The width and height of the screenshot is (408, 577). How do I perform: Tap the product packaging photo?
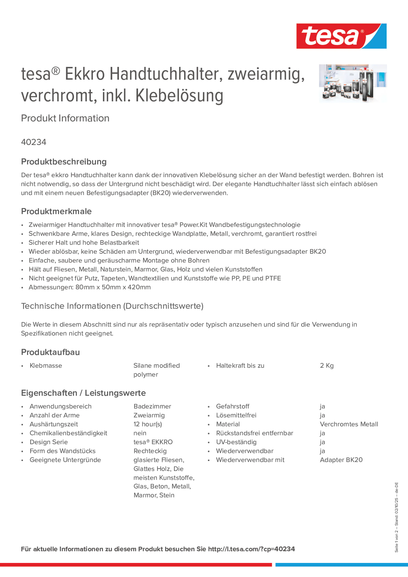tap(353, 83)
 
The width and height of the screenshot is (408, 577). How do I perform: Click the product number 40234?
tap(34, 142)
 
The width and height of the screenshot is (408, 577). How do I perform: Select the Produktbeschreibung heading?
tap(64, 162)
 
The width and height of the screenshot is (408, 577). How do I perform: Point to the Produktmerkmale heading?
tap(56, 211)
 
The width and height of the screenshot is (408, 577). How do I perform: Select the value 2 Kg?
tap(327, 366)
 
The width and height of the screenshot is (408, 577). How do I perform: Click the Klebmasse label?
tap(46, 366)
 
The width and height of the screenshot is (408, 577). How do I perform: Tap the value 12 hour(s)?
tap(148, 424)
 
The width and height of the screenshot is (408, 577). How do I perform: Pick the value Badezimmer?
tap(152, 406)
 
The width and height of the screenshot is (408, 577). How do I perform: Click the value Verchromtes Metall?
tap(349, 424)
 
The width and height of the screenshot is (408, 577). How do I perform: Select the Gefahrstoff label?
tap(233, 406)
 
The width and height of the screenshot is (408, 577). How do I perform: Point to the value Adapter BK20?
tap(341, 460)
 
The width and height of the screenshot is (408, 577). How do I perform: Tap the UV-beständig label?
tap(236, 442)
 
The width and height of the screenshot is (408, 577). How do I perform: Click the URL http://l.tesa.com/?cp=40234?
tap(251, 549)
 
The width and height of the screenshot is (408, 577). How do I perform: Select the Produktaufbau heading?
tap(51, 352)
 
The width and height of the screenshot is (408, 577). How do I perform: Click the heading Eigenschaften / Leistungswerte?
tap(83, 393)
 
